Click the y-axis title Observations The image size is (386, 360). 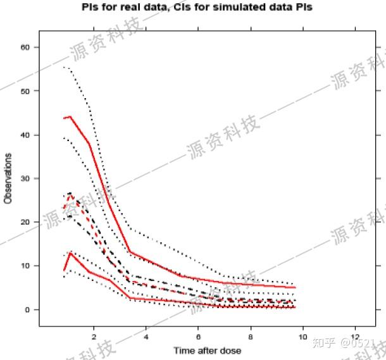click(8, 178)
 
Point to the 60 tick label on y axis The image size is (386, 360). click(26, 47)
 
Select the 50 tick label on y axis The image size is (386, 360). click(26, 91)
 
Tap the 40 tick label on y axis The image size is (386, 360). click(26, 135)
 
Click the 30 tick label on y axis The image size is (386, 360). click(26, 178)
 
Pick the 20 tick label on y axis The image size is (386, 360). click(26, 222)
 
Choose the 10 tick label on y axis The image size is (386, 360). click(26, 266)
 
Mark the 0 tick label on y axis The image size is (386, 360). click(28, 309)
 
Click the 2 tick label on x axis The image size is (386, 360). click(94, 336)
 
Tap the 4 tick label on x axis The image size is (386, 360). click(146, 336)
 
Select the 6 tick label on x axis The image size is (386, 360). click(199, 336)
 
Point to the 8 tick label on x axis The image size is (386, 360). click(251, 336)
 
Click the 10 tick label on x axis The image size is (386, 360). click(303, 336)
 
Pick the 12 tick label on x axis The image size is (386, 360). click(355, 336)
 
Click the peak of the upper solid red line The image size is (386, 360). click(70, 116)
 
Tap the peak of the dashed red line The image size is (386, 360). click(70, 194)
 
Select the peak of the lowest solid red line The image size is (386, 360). click(70, 252)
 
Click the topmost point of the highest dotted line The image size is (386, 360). click(63, 66)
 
